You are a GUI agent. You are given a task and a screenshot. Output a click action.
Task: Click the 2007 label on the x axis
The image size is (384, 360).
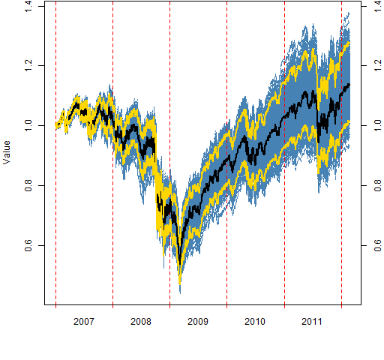tap(84, 322)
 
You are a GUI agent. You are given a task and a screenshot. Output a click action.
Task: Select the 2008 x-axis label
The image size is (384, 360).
tap(141, 322)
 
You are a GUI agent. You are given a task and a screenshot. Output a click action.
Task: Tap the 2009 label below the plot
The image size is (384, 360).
tap(198, 322)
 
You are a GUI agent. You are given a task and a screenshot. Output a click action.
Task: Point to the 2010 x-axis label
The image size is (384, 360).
tap(255, 322)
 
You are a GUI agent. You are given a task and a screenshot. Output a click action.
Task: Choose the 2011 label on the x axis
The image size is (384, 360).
tap(312, 322)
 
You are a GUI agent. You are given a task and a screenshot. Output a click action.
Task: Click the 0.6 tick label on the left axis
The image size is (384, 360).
tap(28, 245)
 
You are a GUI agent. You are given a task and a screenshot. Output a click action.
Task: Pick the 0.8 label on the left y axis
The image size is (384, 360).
tap(28, 185)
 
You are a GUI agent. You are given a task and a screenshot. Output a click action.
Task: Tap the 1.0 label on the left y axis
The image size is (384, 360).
tap(28, 125)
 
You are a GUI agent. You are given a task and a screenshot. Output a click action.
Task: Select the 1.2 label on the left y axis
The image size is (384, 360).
tap(28, 65)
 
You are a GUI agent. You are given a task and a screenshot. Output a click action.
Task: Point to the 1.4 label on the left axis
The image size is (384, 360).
tap(28, 6)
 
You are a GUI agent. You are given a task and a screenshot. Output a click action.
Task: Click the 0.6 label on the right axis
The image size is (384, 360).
tap(378, 245)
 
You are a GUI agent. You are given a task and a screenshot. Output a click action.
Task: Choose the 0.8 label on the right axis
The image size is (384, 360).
tap(378, 185)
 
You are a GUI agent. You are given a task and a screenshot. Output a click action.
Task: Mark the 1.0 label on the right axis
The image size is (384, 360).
tap(378, 125)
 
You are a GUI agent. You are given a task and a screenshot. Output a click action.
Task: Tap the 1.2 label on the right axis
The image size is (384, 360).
tap(378, 65)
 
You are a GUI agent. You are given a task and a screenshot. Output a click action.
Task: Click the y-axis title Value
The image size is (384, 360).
tap(7, 152)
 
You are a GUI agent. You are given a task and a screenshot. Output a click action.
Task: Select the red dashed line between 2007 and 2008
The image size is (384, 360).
tap(112, 153)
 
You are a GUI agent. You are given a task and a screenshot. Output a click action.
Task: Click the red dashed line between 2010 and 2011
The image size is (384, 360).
tap(285, 153)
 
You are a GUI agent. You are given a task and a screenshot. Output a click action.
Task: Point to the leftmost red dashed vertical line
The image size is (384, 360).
tap(55, 153)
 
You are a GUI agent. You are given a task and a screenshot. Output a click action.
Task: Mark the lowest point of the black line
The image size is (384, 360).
tap(179, 263)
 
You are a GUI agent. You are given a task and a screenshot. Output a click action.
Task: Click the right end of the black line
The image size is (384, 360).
tap(349, 85)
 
